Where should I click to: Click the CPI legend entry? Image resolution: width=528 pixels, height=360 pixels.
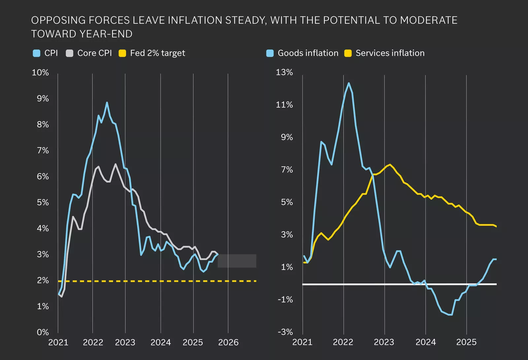(46, 53)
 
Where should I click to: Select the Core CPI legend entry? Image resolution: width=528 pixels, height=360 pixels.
(89, 53)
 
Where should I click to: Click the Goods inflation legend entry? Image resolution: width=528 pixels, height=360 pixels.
(303, 53)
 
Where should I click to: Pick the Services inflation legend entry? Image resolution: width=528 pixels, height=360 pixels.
(384, 53)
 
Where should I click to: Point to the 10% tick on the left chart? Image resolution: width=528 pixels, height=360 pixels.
(40, 73)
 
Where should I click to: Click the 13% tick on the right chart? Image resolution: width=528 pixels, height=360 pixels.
(284, 72)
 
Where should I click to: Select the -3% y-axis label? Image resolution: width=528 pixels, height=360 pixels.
(285, 332)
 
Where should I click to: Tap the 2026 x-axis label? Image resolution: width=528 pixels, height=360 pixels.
(228, 343)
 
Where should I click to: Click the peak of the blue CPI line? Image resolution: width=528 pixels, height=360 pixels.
(107, 103)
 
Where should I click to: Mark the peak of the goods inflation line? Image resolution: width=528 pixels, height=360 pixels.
(348, 83)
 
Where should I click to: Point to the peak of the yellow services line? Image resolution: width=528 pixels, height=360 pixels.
(390, 164)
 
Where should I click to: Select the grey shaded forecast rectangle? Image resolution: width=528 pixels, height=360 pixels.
(237, 261)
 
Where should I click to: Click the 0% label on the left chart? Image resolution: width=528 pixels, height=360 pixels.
(43, 332)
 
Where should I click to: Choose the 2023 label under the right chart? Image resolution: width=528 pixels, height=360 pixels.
(384, 342)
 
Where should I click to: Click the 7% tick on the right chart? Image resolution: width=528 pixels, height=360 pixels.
(287, 170)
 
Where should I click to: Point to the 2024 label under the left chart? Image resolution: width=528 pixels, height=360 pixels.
(160, 343)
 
